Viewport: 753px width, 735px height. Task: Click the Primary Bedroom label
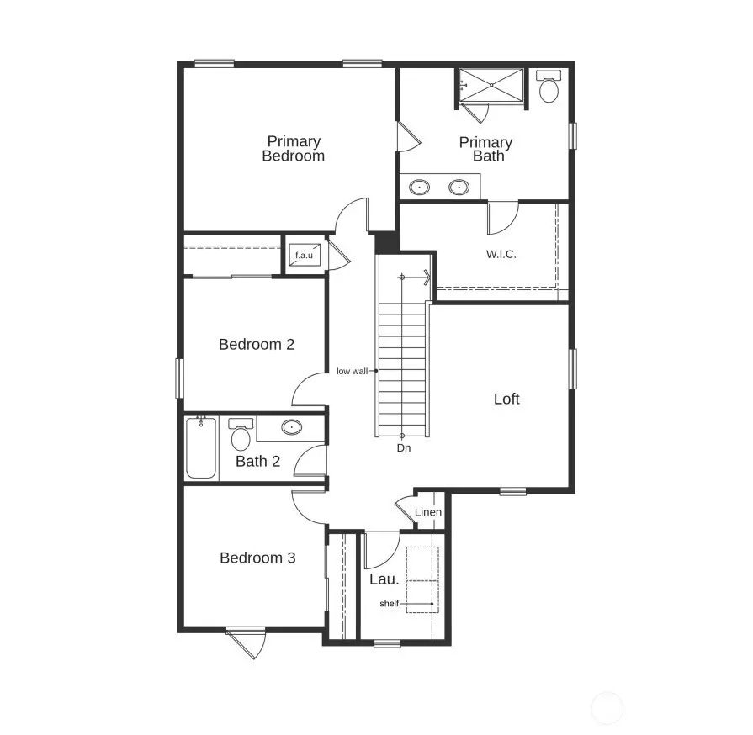(293, 149)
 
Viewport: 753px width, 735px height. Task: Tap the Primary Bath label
(485, 149)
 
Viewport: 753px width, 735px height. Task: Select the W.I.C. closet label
(501, 253)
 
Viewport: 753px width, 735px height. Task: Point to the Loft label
(506, 399)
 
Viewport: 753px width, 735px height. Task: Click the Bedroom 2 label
(257, 344)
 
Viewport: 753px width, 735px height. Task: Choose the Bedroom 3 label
(257, 558)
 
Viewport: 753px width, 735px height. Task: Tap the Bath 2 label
(257, 461)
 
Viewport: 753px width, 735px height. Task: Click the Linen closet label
(428, 512)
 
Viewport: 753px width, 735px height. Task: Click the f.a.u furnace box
(304, 255)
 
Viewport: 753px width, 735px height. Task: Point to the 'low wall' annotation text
(352, 371)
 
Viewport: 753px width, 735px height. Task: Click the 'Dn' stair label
(404, 448)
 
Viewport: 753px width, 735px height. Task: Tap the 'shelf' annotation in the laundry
(389, 604)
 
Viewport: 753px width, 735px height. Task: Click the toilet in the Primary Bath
(549, 87)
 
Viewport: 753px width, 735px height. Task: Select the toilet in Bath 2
(241, 435)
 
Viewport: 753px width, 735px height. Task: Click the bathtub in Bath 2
(201, 448)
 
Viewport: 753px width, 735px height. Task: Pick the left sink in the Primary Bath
(418, 187)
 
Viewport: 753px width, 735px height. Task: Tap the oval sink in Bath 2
(291, 427)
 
